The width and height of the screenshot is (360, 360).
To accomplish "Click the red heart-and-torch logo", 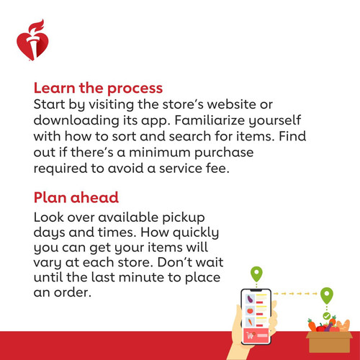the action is coord(32,40).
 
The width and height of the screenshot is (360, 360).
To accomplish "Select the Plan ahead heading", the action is coord(76,197).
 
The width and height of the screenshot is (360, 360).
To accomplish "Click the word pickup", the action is coord(184,218).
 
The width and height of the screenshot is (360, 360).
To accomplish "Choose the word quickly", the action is coord(196,233).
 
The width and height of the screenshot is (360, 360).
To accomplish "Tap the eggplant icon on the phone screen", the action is coord(251,299).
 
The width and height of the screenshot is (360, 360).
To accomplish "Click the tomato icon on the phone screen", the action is coord(250,310).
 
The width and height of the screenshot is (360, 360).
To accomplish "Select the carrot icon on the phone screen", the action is coord(250,322).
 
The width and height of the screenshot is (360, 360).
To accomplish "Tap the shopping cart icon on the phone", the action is coord(251,335).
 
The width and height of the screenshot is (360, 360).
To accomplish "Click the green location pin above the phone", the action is coord(256,274).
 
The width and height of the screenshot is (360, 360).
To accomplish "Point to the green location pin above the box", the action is coord(327,295).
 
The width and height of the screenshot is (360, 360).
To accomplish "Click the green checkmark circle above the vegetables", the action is coord(326,316).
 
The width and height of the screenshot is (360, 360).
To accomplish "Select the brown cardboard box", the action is coord(329,342).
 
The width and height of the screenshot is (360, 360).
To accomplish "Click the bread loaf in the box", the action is coord(343,325).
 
